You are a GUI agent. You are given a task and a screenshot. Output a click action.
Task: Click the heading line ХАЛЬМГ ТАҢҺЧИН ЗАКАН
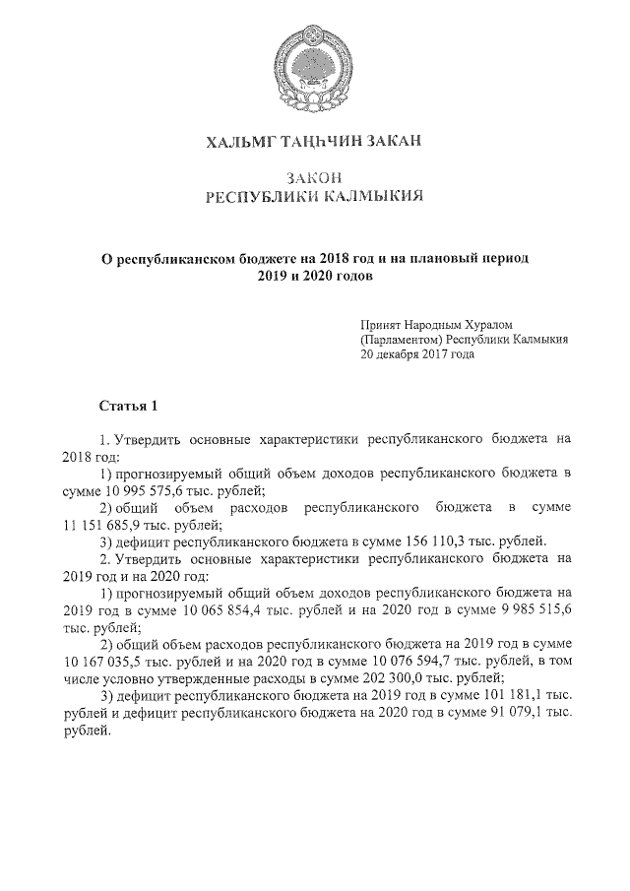point(314,144)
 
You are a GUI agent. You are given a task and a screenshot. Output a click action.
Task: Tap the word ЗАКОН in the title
point(314,177)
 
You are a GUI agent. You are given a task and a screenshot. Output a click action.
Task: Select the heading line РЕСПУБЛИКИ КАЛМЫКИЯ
point(314,197)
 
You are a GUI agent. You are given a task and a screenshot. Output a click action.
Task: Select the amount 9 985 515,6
point(529,609)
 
